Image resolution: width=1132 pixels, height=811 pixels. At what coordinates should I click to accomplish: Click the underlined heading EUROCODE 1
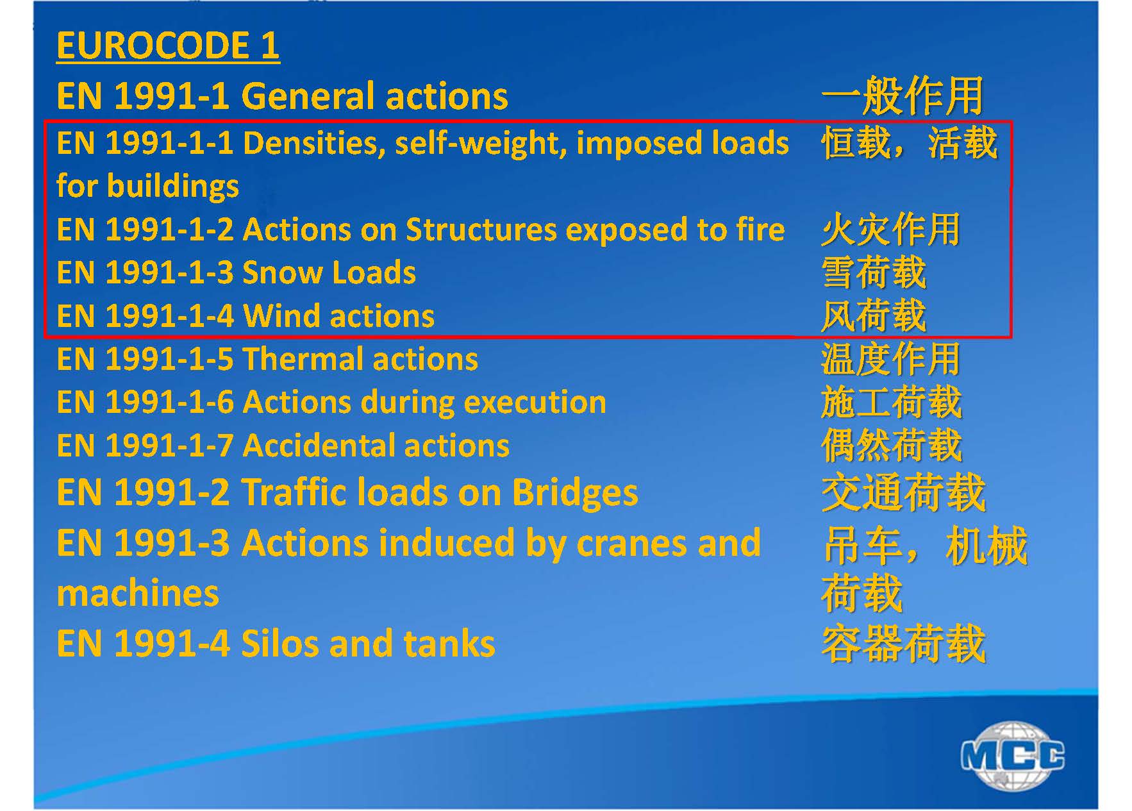click(x=168, y=46)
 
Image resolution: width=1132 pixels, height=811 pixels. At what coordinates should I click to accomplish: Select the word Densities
click(x=314, y=143)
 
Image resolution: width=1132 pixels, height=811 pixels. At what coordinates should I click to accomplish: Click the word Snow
click(x=283, y=272)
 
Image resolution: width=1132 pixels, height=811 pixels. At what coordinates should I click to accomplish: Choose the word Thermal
click(x=303, y=359)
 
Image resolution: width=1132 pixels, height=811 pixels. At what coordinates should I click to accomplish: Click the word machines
click(x=138, y=593)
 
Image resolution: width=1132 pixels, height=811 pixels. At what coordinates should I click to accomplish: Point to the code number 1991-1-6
click(x=169, y=403)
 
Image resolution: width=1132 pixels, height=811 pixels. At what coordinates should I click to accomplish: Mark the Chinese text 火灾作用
click(x=890, y=230)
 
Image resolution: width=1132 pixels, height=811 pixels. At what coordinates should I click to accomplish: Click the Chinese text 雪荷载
click(x=873, y=272)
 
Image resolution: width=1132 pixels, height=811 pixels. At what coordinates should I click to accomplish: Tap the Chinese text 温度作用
click(x=890, y=359)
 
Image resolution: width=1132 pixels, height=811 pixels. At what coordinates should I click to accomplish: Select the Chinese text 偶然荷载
click(x=891, y=446)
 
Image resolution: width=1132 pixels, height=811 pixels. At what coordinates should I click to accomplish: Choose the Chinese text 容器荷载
click(x=903, y=644)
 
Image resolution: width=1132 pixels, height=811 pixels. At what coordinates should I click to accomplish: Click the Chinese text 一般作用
click(x=902, y=96)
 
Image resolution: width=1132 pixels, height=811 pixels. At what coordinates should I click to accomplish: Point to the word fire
click(x=760, y=230)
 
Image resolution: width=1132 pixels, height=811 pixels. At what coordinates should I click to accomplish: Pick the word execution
click(x=535, y=403)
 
